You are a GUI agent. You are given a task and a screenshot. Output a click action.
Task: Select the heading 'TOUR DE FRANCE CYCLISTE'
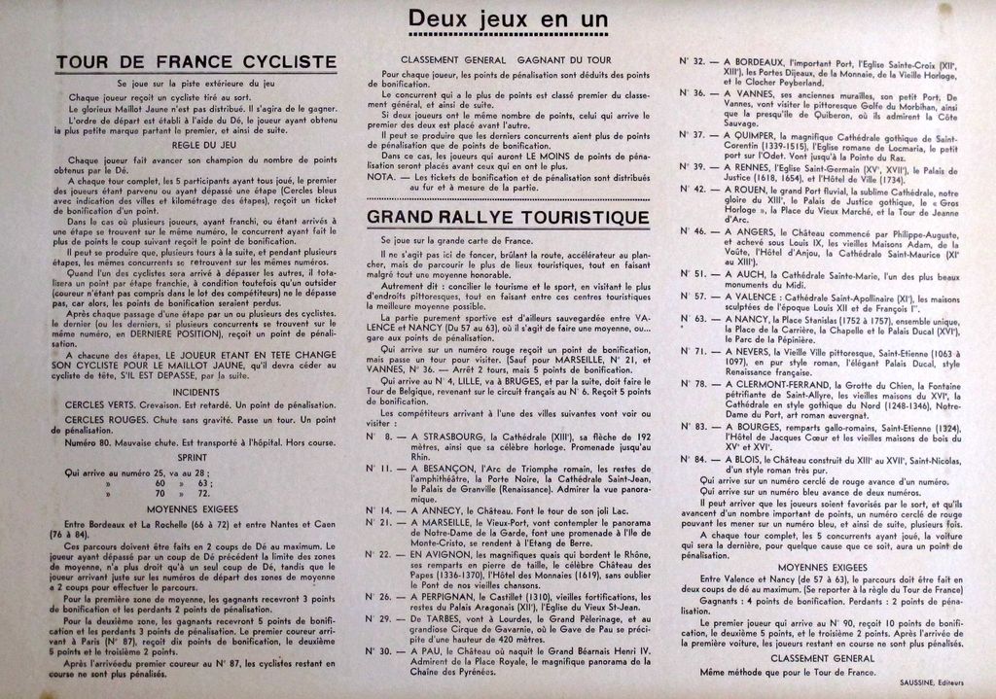pyautogui.click(x=196, y=62)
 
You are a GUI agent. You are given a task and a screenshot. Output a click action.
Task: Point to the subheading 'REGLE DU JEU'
pyautogui.click(x=196, y=145)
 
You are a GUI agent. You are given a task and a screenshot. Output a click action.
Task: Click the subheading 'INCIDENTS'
pyautogui.click(x=196, y=392)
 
